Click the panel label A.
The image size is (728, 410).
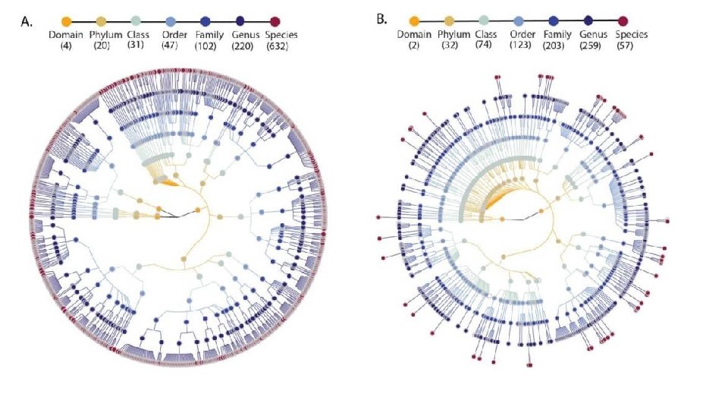point(27,22)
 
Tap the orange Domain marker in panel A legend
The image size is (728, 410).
point(65,21)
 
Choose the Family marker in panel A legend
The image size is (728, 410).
point(205,21)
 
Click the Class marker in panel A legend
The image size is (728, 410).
point(135,21)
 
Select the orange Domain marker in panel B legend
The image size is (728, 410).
point(414,21)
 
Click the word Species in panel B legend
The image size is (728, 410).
point(631,34)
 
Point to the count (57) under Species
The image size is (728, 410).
point(623,46)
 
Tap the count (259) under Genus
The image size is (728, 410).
point(589,46)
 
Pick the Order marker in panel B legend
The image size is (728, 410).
point(519,21)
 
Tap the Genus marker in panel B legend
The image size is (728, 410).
point(588,21)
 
